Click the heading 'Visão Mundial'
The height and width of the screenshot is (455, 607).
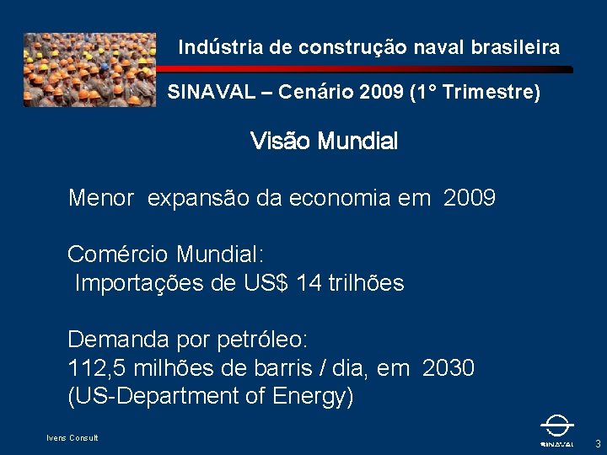click(324, 142)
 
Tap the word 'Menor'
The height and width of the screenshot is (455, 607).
click(101, 199)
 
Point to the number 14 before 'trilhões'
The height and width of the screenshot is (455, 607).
click(309, 284)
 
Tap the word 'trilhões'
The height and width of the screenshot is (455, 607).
click(367, 284)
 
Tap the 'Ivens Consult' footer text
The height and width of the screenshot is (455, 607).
click(73, 437)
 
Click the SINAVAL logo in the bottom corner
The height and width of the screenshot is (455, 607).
click(556, 431)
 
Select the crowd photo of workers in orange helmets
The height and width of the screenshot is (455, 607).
click(89, 70)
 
